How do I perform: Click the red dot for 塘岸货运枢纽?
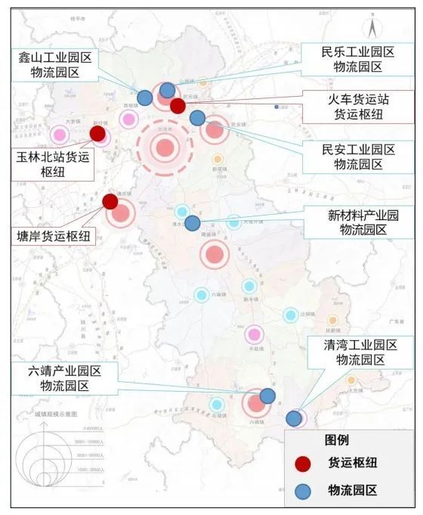(110, 201)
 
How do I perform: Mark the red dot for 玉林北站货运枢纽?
(97, 134)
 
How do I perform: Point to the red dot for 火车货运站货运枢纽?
(178, 106)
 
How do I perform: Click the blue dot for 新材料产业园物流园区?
(193, 223)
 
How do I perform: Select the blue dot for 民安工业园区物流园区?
(197, 118)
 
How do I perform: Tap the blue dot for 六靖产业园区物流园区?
(267, 396)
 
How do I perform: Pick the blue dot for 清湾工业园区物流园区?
(293, 418)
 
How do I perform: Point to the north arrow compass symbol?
(372, 29)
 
